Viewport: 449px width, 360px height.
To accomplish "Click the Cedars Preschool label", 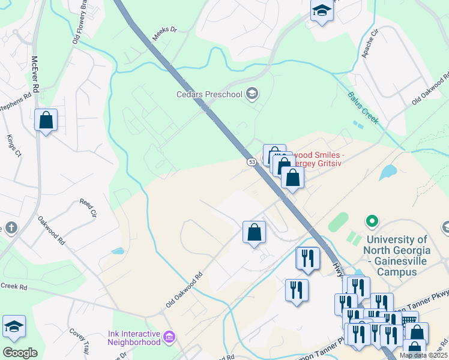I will pyautogui.click(x=209, y=94).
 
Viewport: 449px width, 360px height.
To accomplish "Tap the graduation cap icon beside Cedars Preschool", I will pyautogui.click(x=253, y=93).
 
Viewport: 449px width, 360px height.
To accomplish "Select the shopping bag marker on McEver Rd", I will pyautogui.click(x=46, y=121).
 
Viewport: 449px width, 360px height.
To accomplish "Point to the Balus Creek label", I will pyautogui.click(x=363, y=107).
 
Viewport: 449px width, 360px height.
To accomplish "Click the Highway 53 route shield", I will pyautogui.click(x=251, y=161).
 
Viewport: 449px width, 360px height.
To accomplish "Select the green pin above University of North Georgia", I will pyautogui.click(x=372, y=222).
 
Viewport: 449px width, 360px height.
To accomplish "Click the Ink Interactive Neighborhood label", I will pyautogui.click(x=134, y=338).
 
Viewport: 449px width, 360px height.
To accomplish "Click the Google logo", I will pyautogui.click(x=20, y=353).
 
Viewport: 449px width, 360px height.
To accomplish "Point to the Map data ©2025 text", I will pyautogui.click(x=423, y=355).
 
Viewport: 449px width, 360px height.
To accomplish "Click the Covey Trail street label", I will pyautogui.click(x=79, y=340).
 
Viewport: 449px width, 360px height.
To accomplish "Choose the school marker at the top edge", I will pyautogui.click(x=322, y=10).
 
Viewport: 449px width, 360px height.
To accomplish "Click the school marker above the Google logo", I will pyautogui.click(x=14, y=328).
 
